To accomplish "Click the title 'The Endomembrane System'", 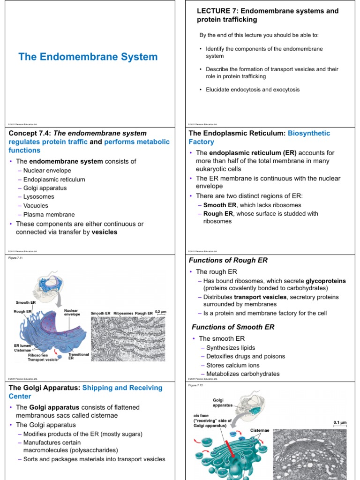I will point(88,57).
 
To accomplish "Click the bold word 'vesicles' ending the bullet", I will point(105,232).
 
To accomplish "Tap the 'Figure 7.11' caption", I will point(15,257).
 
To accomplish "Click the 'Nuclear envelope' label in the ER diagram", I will point(72,313).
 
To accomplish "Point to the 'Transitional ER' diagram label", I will point(78,357).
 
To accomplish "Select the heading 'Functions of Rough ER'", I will point(228,261).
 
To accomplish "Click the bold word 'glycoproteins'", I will point(326,281).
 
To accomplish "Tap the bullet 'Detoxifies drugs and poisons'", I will point(246,356).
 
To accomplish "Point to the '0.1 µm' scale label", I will point(340,422).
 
